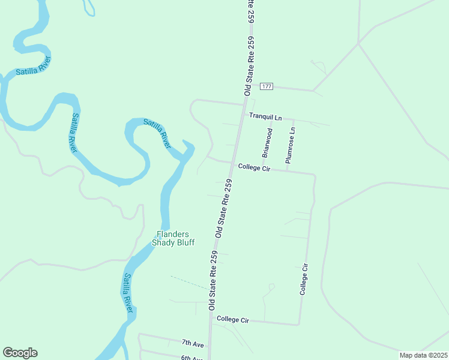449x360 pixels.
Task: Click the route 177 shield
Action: tap(267, 86)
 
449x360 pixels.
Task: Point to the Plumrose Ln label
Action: tap(291, 145)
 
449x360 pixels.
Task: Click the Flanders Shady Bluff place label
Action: tap(173, 238)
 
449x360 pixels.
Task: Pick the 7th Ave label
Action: tap(193, 343)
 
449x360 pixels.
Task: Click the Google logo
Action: tap(20, 353)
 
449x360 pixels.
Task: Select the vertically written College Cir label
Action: tap(305, 279)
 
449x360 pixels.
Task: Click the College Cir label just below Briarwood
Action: tap(254, 167)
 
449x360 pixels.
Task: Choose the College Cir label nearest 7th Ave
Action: tap(233, 320)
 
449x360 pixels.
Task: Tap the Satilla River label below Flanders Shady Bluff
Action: tap(128, 293)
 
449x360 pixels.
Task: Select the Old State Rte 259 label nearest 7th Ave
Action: tap(214, 280)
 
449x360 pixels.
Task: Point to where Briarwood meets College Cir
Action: tap(262, 168)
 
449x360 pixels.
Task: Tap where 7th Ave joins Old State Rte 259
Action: tap(209, 346)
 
